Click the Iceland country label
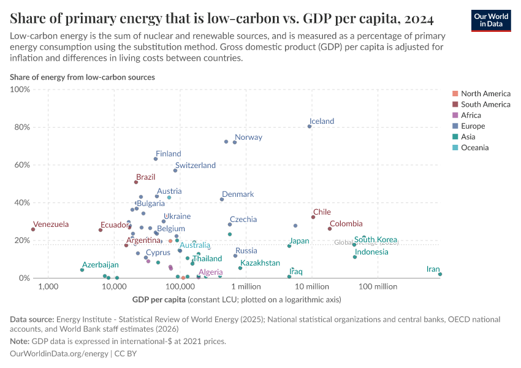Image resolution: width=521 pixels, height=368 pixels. coord(322,121)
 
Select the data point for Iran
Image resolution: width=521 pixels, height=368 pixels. coord(440,274)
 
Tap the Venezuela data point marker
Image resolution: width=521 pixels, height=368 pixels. coord(33,229)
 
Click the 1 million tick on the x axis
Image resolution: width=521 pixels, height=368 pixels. coord(246,286)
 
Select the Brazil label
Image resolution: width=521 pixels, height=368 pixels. coord(146,177)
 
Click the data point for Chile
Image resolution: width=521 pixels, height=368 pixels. coord(313,217)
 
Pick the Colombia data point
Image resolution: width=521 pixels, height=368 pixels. coord(330,229)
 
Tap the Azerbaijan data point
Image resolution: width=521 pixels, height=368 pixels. coord(82,270)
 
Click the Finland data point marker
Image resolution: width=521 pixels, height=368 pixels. coord(156,159)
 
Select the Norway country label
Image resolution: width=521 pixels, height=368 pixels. coord(248,137)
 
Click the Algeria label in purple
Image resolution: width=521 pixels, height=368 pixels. coord(211,272)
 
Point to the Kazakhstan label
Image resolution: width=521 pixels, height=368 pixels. coord(260,263)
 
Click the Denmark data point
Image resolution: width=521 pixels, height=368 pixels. coord(222,199)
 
